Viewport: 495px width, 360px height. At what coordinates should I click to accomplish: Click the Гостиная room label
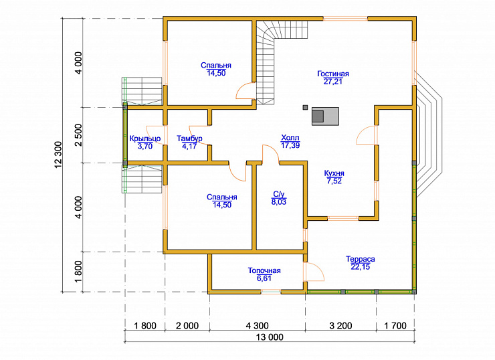pyautogui.click(x=333, y=74)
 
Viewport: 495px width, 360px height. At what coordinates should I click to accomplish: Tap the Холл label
pyautogui.click(x=290, y=138)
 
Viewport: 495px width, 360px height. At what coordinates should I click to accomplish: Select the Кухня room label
pyautogui.click(x=334, y=173)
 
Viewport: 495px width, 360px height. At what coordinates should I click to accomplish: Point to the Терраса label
pyautogui.click(x=360, y=259)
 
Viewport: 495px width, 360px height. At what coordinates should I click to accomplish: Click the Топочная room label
pyautogui.click(x=264, y=270)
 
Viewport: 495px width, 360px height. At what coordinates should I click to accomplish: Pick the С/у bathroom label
pyautogui.click(x=279, y=194)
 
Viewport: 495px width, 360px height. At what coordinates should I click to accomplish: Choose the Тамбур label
pyautogui.click(x=189, y=139)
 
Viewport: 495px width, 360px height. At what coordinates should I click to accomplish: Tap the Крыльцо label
pyautogui.click(x=145, y=139)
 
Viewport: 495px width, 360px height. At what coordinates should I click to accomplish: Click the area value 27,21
pyautogui.click(x=333, y=82)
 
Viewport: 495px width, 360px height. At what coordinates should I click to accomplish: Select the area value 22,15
pyautogui.click(x=360, y=267)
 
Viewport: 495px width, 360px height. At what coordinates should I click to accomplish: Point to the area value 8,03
pyautogui.click(x=279, y=202)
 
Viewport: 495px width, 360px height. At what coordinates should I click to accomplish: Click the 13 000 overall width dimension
pyautogui.click(x=270, y=337)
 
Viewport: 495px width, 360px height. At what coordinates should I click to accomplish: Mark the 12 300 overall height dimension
pyautogui.click(x=58, y=155)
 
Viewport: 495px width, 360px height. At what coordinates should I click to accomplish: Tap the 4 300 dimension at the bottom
pyautogui.click(x=257, y=326)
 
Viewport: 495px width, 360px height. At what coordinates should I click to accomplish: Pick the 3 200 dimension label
pyautogui.click(x=340, y=326)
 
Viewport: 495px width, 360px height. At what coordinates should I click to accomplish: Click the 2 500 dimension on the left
pyautogui.click(x=78, y=135)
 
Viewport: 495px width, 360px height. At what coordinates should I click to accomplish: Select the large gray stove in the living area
pyautogui.click(x=326, y=116)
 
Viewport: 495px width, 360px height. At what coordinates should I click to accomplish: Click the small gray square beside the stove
pyautogui.click(x=305, y=107)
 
